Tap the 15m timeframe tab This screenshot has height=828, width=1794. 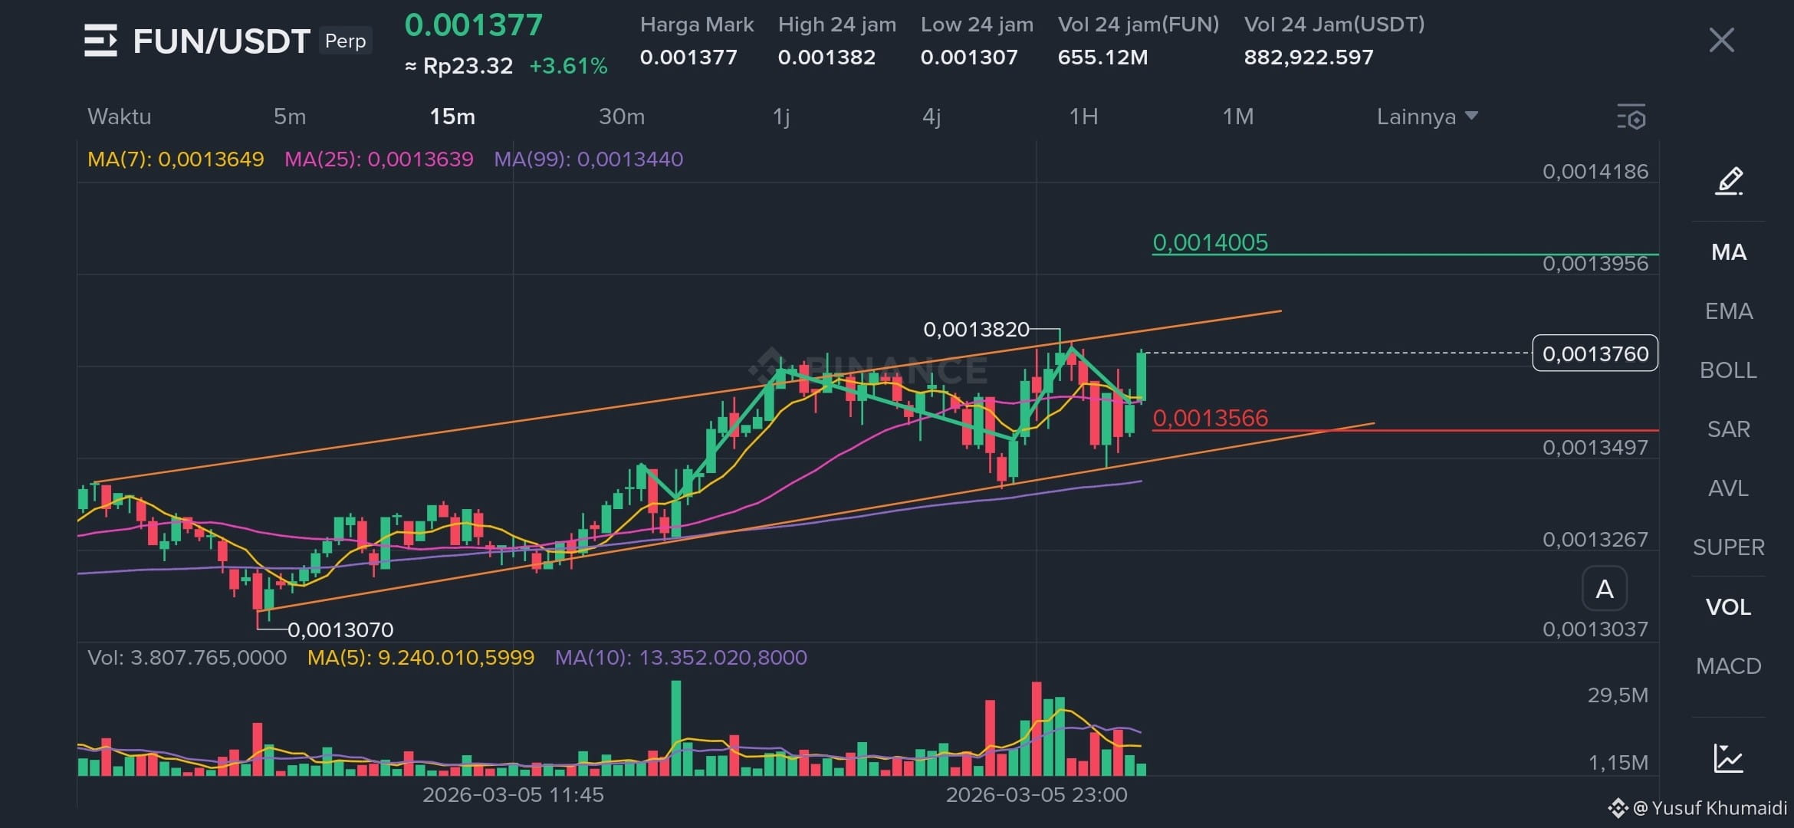[x=452, y=117]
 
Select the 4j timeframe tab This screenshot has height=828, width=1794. [x=932, y=117]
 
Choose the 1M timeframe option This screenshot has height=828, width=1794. [x=1238, y=117]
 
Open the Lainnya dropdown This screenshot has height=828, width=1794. [x=1427, y=117]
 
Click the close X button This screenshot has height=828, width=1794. [x=1722, y=40]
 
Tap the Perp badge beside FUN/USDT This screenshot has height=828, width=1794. [x=345, y=41]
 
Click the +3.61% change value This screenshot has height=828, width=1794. [x=568, y=66]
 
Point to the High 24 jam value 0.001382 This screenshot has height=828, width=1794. [x=826, y=58]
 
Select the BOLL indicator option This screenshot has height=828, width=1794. [x=1728, y=370]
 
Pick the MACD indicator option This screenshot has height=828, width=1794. [x=1728, y=666]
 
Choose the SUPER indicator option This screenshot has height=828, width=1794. [x=1728, y=547]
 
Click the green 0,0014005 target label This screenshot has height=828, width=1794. [x=1211, y=242]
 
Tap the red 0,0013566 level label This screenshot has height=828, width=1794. [x=1211, y=418]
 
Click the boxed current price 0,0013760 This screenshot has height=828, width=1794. [x=1595, y=353]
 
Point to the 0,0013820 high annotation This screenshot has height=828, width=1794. [x=976, y=330]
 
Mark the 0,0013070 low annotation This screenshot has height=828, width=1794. [x=340, y=630]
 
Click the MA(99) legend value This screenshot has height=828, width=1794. [x=588, y=159]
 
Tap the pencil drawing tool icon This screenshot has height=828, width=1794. [x=1729, y=181]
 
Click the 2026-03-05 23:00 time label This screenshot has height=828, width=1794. [x=1037, y=795]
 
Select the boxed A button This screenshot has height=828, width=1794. [x=1605, y=589]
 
